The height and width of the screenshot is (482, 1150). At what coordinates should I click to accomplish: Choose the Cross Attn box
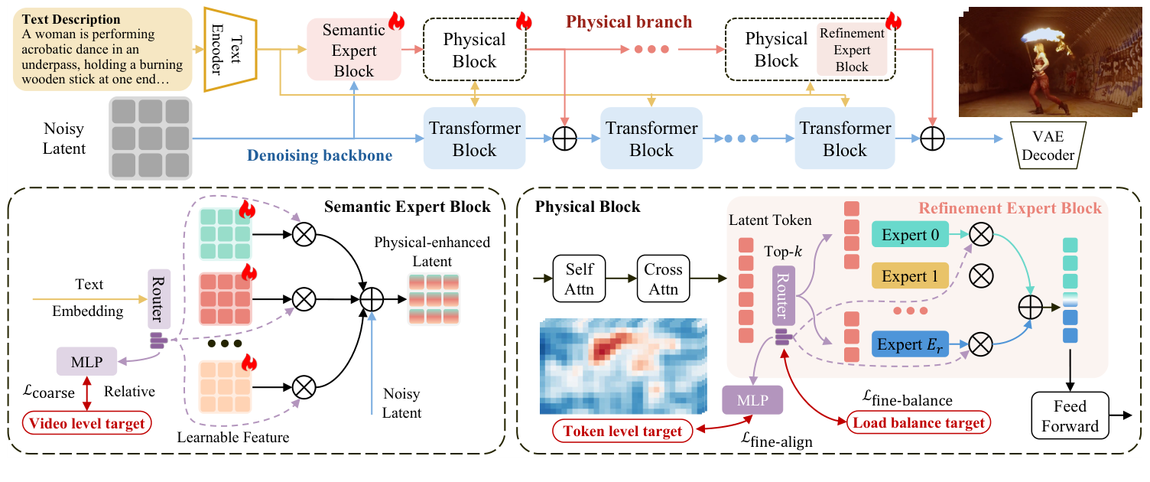(662, 278)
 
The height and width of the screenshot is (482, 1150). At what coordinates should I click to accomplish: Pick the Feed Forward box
(1068, 415)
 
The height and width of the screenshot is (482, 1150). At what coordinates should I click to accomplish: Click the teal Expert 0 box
(910, 234)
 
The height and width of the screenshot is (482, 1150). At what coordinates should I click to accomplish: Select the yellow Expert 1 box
(910, 275)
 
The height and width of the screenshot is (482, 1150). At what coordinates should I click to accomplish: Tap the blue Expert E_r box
(910, 344)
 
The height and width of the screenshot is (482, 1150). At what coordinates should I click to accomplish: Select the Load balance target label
(916, 422)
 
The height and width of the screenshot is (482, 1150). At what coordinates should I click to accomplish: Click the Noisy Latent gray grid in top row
(150, 138)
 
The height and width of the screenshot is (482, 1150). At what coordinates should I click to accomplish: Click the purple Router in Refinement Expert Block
(786, 296)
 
